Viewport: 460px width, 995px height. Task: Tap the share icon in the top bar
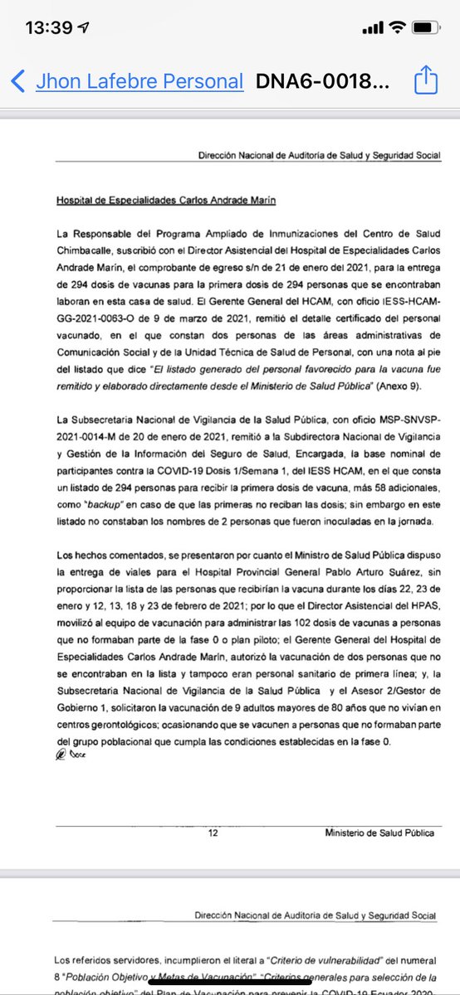tap(424, 80)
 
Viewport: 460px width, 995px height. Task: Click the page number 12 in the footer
tap(213, 832)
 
